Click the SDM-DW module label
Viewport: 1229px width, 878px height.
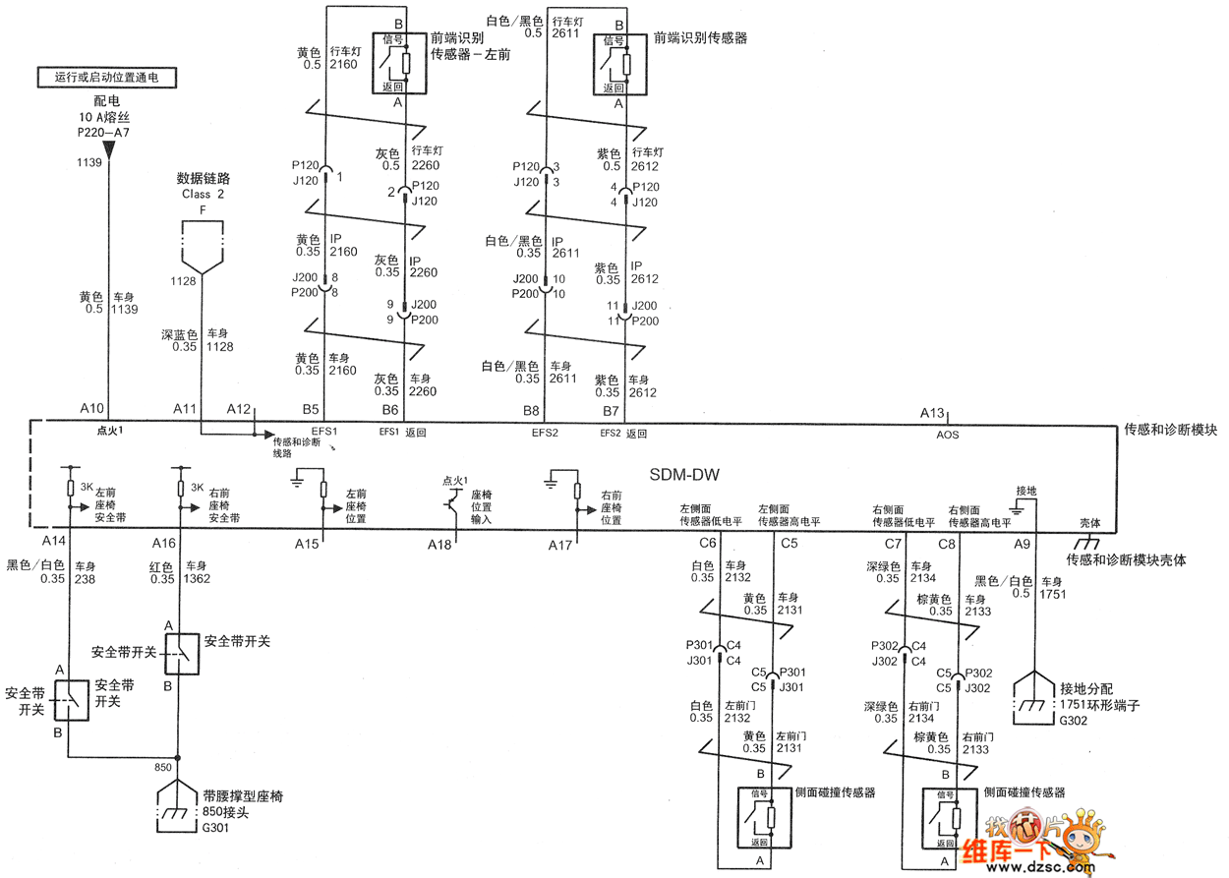coord(683,475)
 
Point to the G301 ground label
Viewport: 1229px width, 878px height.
coord(217,828)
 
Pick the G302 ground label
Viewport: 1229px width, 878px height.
coord(1074,721)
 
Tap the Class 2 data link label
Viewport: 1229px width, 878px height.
coord(203,194)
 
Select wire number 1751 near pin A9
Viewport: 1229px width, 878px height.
coord(1053,594)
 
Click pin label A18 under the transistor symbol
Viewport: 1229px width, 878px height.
coord(439,544)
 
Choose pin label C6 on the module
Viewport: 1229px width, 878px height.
coord(707,543)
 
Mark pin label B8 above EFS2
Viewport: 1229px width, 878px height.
coord(531,409)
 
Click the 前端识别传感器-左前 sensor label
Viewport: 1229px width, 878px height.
coord(470,46)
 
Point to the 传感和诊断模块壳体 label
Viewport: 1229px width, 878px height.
coord(1127,559)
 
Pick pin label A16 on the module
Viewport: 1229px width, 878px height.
coord(164,543)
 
